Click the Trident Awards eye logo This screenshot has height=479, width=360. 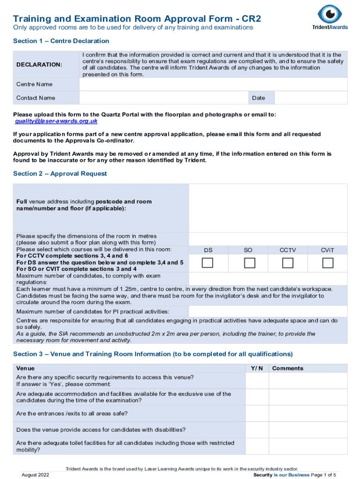click(x=330, y=14)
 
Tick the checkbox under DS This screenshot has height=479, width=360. click(x=207, y=263)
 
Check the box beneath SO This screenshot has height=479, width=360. click(x=250, y=263)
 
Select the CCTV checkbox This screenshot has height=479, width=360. click(x=288, y=263)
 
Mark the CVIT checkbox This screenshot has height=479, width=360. click(x=328, y=263)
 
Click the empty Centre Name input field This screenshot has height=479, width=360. click(x=213, y=84)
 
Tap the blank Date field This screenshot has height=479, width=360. click(x=311, y=98)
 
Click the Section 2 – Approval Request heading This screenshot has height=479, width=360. click(x=60, y=174)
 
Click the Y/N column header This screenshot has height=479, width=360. click(x=257, y=368)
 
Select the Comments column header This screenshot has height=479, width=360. click(x=288, y=368)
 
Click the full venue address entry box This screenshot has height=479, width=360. click(x=268, y=208)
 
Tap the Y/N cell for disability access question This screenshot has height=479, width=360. click(x=257, y=429)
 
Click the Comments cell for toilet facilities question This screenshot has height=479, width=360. click(x=308, y=446)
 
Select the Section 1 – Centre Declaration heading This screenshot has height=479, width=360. click(x=61, y=41)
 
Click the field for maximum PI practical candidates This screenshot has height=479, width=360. click(x=268, y=312)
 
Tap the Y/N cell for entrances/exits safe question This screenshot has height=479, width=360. click(x=257, y=414)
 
